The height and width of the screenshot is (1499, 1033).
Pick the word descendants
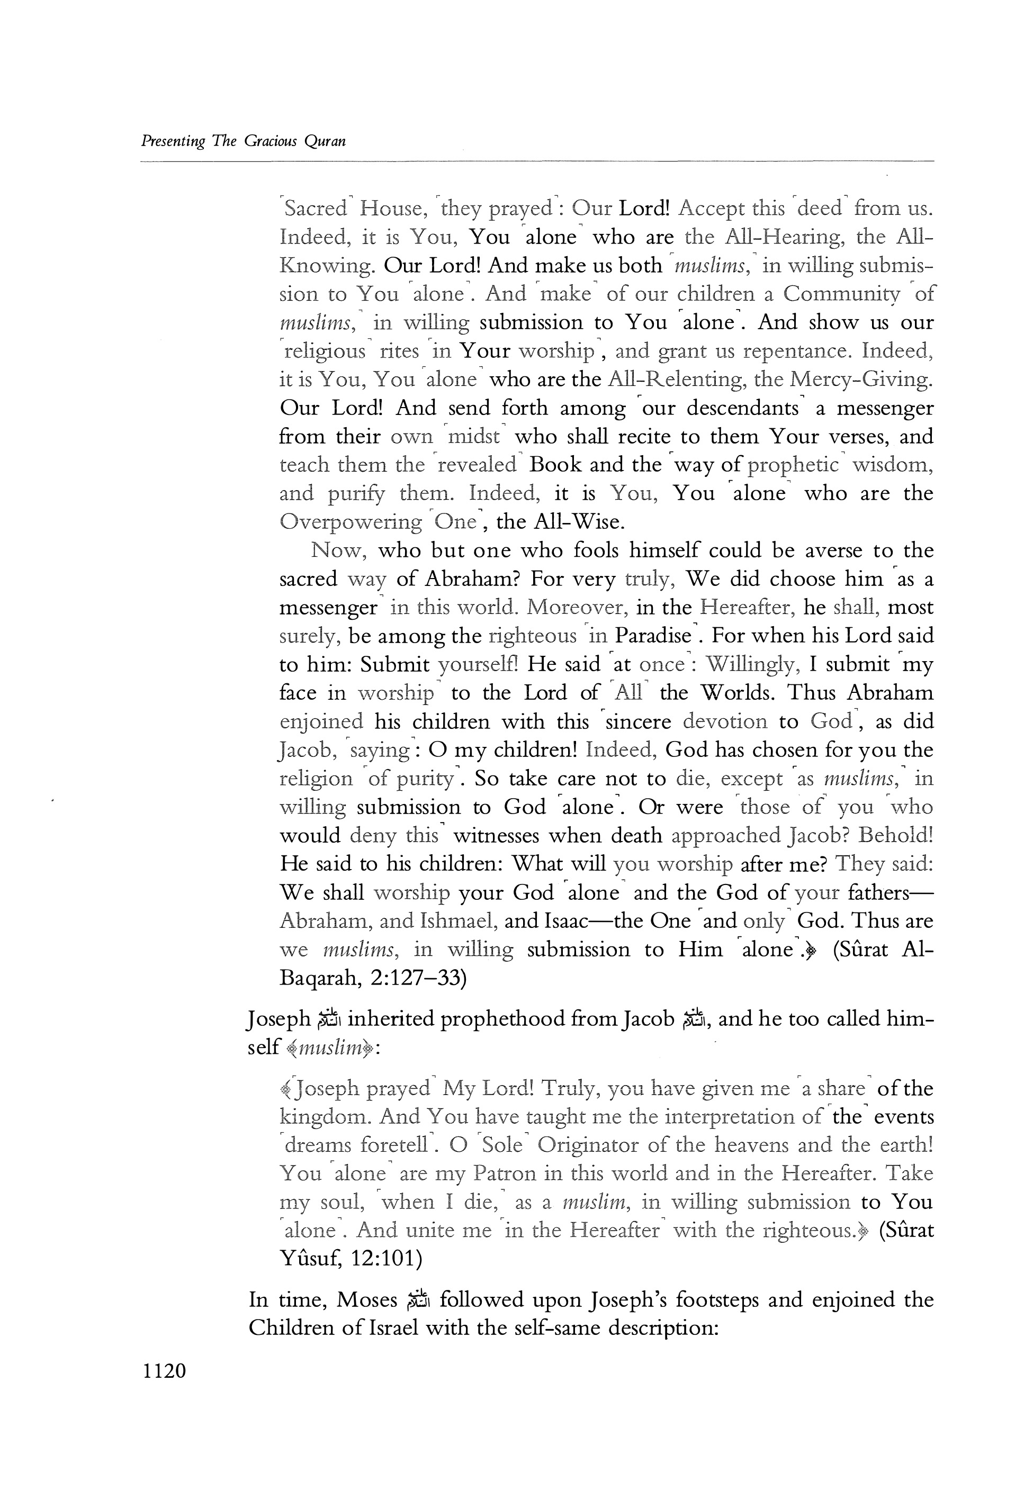[742, 409]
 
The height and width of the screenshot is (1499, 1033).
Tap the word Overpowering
[350, 522]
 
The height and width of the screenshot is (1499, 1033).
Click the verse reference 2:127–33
[419, 978]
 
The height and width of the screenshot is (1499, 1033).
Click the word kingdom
[323, 1117]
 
